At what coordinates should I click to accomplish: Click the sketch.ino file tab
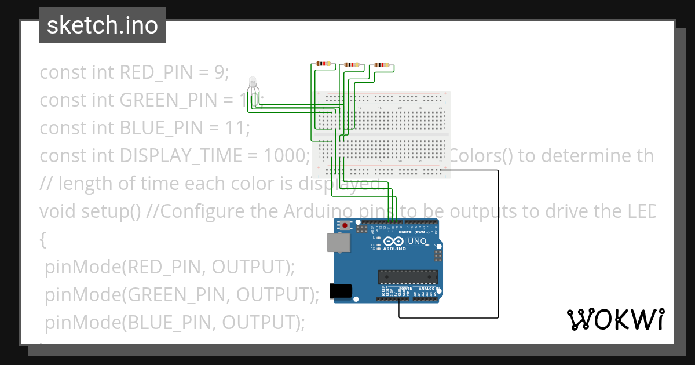tap(103, 25)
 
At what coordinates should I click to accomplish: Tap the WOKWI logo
tap(615, 319)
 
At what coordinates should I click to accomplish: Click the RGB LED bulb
tap(252, 83)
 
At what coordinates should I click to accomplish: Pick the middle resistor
tap(352, 65)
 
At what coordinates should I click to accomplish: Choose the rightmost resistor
tap(382, 65)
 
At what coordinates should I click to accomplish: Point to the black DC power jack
tap(340, 291)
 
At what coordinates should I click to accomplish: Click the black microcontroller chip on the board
tap(405, 278)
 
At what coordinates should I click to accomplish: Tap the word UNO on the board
tap(418, 241)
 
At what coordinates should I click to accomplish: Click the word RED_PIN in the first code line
tap(155, 72)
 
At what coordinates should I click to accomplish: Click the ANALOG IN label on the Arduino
tap(429, 289)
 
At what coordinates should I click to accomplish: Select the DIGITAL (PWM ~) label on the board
tap(420, 232)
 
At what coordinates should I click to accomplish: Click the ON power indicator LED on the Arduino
tap(427, 246)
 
